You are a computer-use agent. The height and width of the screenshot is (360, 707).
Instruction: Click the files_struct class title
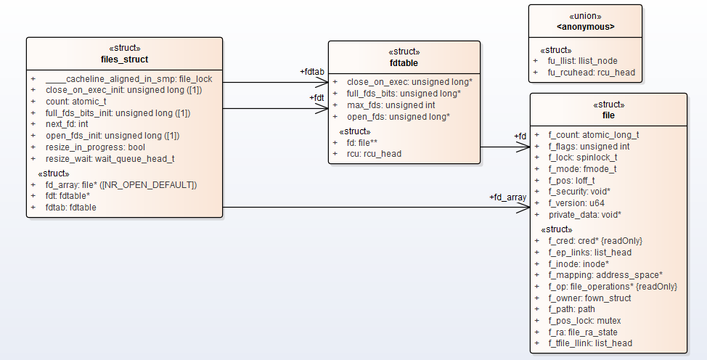[x=124, y=59]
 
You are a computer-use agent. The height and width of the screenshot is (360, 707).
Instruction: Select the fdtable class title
[x=404, y=63]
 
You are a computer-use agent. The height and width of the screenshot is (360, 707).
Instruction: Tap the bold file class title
[x=608, y=115]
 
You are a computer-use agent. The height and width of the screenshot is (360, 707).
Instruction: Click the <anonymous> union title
[x=585, y=27]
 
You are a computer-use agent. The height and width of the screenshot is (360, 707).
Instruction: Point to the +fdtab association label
[x=312, y=72]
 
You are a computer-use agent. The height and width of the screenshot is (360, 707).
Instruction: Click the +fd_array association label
[x=508, y=197]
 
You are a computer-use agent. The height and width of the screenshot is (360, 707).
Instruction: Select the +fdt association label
[x=316, y=97]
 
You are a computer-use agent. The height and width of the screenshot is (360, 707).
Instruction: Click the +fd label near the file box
[x=520, y=136]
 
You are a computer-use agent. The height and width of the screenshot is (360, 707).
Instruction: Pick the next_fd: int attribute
[x=67, y=124]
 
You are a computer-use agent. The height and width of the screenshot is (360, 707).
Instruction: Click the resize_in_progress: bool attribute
[x=95, y=147]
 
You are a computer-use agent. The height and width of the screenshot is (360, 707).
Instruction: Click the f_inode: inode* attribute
[x=579, y=263]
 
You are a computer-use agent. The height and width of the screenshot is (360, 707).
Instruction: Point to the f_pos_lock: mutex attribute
[x=584, y=320]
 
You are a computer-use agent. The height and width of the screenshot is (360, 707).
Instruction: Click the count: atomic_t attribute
[x=75, y=102]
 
